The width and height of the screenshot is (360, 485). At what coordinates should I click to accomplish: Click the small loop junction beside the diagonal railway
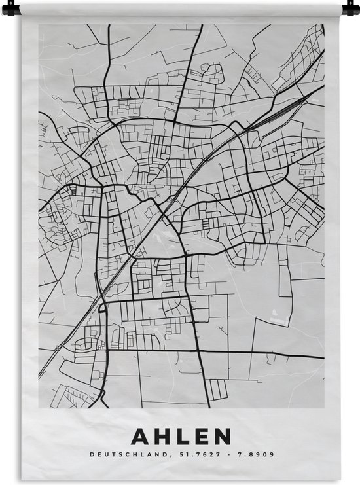(x=102, y=306)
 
